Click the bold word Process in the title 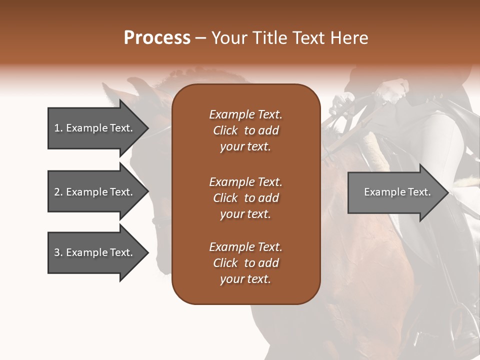tap(157, 38)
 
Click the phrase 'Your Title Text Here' tap(289, 38)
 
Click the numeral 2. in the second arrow tap(58, 192)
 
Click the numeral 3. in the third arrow tap(58, 252)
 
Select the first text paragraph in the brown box tap(245, 130)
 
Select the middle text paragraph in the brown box tap(245, 197)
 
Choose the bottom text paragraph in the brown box tap(245, 263)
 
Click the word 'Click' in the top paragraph tap(225, 130)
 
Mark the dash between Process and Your tap(201, 38)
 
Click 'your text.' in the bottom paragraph tap(245, 279)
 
